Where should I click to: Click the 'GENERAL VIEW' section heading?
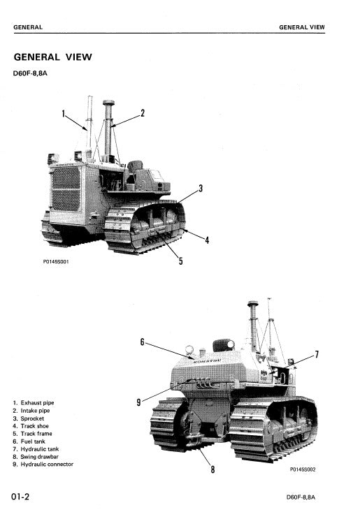click(x=52, y=57)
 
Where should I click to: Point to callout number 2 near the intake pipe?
click(x=143, y=113)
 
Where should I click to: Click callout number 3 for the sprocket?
click(x=201, y=189)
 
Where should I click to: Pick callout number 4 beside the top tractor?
click(x=207, y=240)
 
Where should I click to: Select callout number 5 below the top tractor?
click(x=180, y=261)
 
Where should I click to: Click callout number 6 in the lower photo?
click(x=142, y=342)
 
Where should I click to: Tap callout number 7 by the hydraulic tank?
click(x=317, y=355)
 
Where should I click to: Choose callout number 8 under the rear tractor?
click(x=213, y=469)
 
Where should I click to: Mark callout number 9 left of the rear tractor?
click(x=138, y=402)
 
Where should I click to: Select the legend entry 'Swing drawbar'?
click(x=38, y=457)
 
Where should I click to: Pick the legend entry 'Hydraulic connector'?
click(x=46, y=465)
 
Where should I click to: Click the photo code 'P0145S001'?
click(x=55, y=262)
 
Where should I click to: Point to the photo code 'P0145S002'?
click(x=303, y=469)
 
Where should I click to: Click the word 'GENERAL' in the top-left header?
click(x=28, y=27)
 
